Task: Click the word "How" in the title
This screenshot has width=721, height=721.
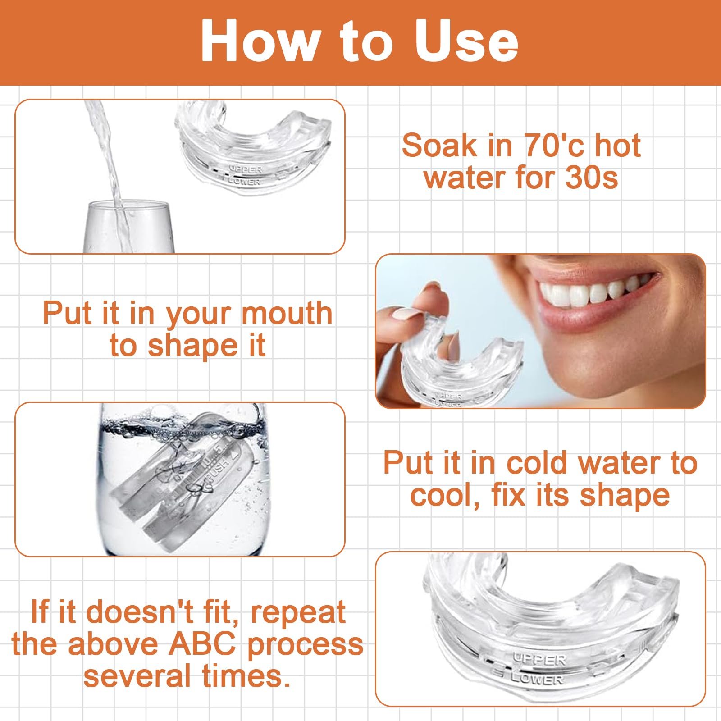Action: (x=259, y=41)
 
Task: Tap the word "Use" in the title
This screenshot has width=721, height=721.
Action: (x=466, y=41)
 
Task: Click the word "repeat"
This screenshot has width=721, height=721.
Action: (x=298, y=613)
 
